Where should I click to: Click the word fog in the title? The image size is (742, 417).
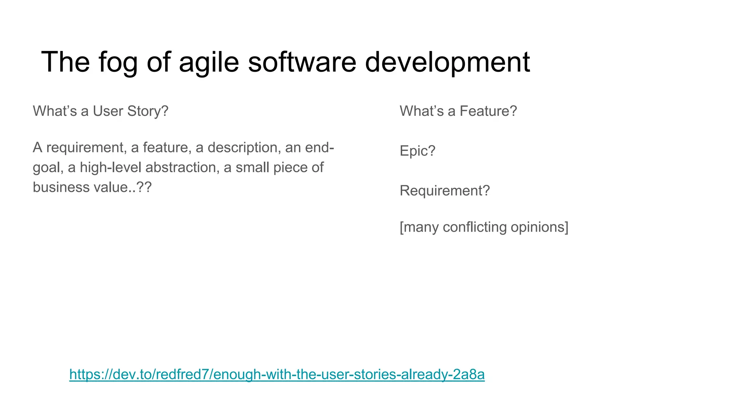pos(118,62)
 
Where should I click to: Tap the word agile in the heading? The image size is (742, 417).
pos(209,62)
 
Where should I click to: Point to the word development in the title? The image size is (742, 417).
pos(447,62)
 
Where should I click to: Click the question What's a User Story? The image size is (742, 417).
pos(100,111)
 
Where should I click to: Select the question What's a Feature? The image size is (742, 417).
pos(458,111)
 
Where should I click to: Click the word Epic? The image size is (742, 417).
pos(417,151)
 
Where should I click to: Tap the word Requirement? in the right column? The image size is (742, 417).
pos(445,191)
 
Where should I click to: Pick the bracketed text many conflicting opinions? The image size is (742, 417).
pos(484,227)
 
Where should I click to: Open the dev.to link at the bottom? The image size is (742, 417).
pos(277,374)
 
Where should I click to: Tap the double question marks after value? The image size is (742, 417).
pos(144,188)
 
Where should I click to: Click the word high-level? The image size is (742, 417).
pos(111,168)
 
